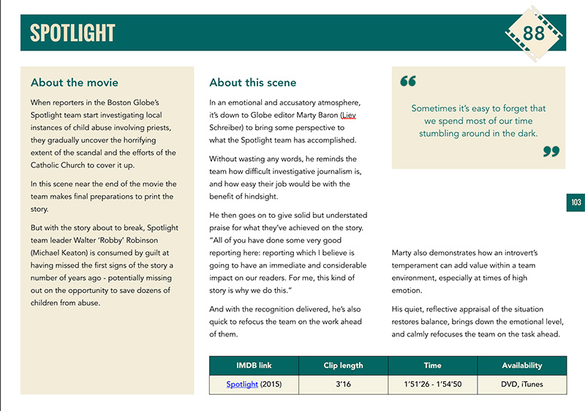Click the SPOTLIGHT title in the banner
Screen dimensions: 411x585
pyautogui.click(x=72, y=33)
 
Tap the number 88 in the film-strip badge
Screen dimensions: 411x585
pyautogui.click(x=534, y=32)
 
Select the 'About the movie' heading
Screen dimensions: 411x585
pyautogui.click(x=75, y=83)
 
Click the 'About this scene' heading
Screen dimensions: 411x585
pyautogui.click(x=253, y=83)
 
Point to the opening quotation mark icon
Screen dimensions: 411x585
pyautogui.click(x=408, y=81)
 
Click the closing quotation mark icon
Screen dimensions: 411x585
pyautogui.click(x=551, y=151)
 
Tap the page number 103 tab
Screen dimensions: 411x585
pyautogui.click(x=575, y=203)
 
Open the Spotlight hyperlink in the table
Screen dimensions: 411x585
pyautogui.click(x=242, y=384)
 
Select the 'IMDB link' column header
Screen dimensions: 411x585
pyautogui.click(x=254, y=366)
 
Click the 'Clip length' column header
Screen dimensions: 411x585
pyautogui.click(x=343, y=366)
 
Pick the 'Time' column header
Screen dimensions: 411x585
pyautogui.click(x=432, y=366)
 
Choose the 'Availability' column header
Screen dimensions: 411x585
pyautogui.click(x=521, y=366)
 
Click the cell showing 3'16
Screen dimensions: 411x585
pyautogui.click(x=343, y=384)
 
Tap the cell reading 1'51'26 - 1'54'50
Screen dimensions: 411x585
pyautogui.click(x=432, y=384)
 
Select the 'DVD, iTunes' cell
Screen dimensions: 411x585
pyautogui.click(x=521, y=384)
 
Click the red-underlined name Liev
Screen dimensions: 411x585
pyautogui.click(x=352, y=116)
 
